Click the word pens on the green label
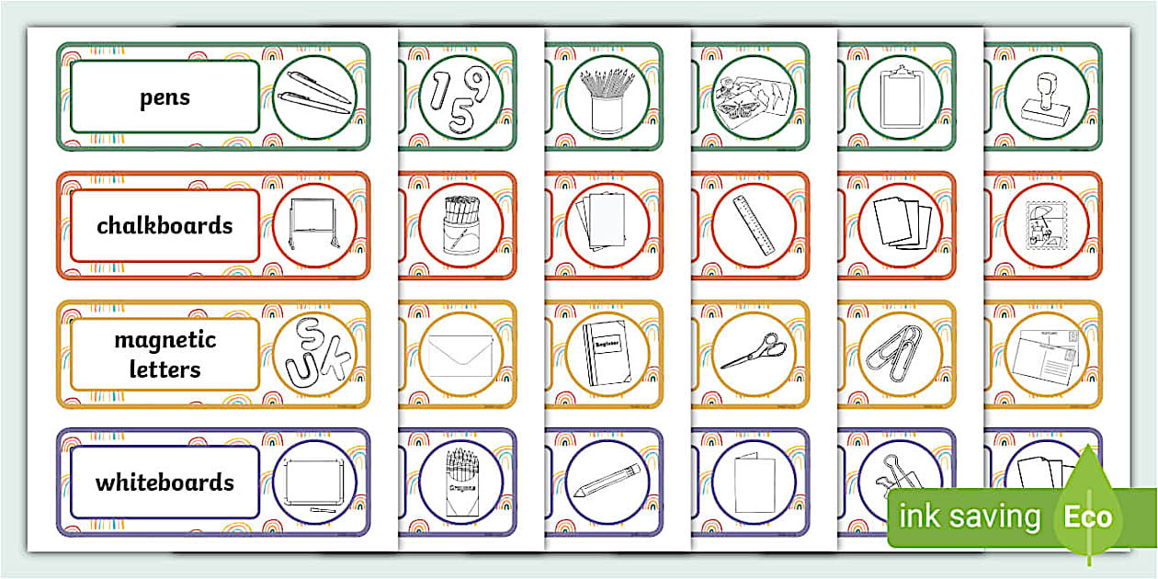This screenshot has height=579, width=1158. [165, 97]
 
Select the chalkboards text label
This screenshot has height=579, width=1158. [165, 226]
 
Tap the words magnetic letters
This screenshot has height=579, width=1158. [165, 355]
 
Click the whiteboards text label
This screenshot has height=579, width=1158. [165, 482]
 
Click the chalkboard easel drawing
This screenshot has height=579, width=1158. [314, 225]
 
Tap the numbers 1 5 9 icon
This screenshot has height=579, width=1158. [460, 96]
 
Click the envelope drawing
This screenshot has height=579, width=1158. [460, 354]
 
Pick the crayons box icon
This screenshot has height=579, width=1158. [460, 482]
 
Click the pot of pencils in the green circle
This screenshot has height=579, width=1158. [607, 97]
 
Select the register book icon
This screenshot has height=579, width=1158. [607, 354]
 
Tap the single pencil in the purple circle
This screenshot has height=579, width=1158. [607, 482]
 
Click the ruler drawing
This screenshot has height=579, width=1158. [753, 226]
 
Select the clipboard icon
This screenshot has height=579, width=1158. [900, 97]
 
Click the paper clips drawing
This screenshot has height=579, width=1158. [900, 354]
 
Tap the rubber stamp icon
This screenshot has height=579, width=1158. [1046, 97]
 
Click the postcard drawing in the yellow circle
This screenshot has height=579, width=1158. [1046, 355]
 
